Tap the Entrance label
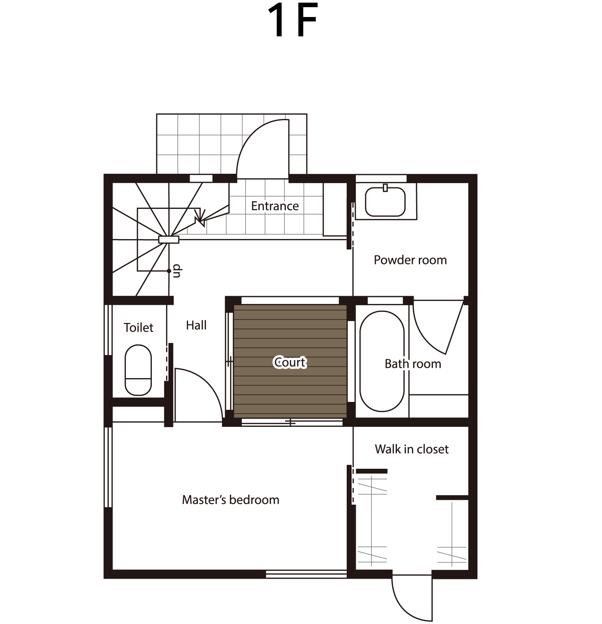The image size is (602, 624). (x=275, y=206)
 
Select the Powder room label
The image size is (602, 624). (x=410, y=260)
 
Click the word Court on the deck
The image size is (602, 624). (x=290, y=362)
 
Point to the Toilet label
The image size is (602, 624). (x=139, y=327)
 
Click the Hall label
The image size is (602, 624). (x=196, y=325)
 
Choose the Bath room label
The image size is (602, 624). (x=413, y=364)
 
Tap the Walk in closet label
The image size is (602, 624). (x=412, y=449)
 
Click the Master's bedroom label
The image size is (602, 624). (x=231, y=500)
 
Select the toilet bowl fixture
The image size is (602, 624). (x=138, y=370)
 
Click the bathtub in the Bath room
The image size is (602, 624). (x=382, y=361)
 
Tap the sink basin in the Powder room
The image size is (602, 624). (x=385, y=202)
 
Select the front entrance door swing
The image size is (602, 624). (x=263, y=149)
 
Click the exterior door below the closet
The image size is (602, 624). (x=412, y=599)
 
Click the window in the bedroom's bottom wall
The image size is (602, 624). (x=306, y=575)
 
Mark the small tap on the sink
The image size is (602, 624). (x=385, y=187)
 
